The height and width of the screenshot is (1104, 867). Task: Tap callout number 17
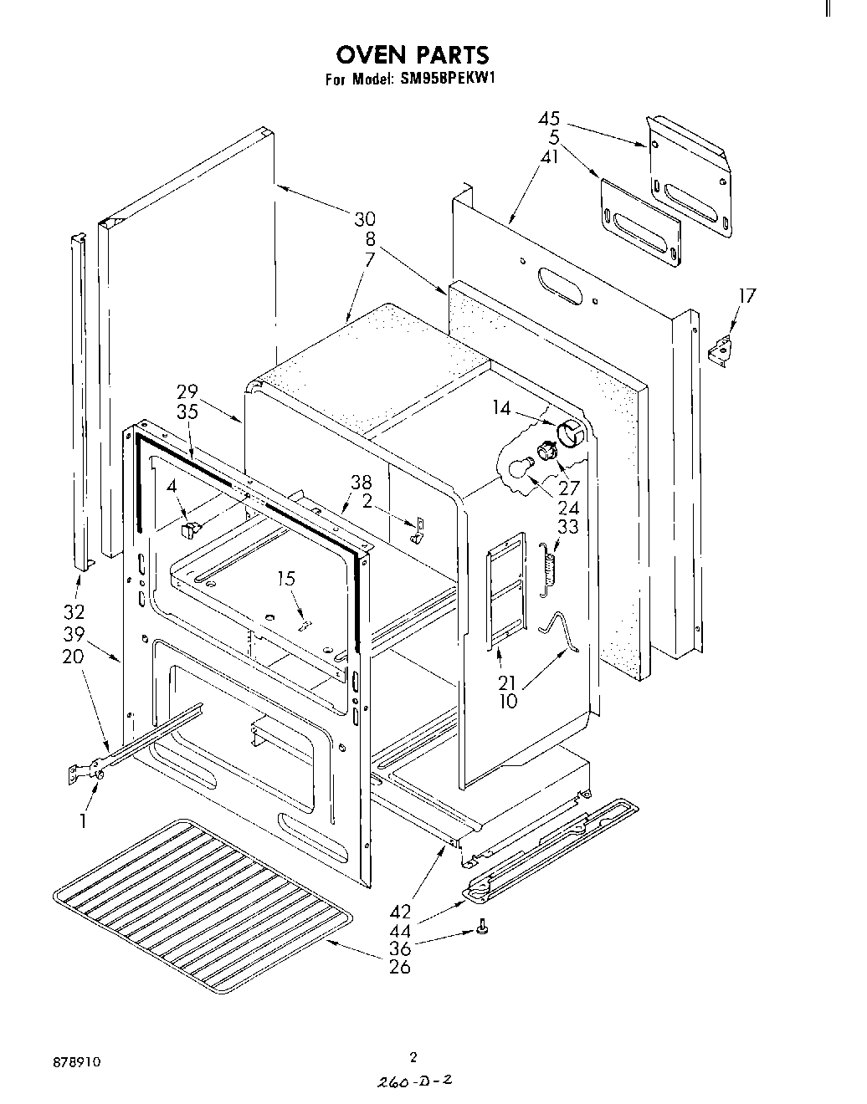[x=746, y=295]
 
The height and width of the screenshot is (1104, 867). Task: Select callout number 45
[x=549, y=120]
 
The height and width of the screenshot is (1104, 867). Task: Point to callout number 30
[x=364, y=219]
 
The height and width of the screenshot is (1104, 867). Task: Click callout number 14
[x=501, y=407]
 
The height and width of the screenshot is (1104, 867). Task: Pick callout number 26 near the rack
[x=400, y=968]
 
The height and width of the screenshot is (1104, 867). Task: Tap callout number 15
[x=286, y=579]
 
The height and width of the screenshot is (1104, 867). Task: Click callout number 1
[x=83, y=821]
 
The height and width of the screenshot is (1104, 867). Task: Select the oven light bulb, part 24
[x=520, y=466]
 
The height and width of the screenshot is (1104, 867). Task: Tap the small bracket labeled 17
[x=719, y=350]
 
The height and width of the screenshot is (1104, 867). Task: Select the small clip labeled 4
[x=192, y=528]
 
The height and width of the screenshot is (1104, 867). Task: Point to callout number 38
[x=362, y=483]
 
